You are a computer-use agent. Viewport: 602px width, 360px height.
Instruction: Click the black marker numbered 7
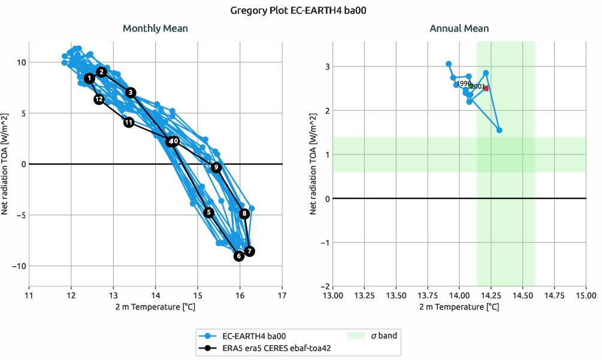pos(249,251)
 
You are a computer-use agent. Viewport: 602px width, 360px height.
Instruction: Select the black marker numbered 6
pos(239,256)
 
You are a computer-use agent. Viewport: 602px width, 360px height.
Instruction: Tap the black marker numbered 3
pos(131,92)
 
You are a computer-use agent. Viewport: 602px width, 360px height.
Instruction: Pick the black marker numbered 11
pos(129,122)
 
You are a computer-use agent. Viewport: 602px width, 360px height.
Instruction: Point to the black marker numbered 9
pos(216,167)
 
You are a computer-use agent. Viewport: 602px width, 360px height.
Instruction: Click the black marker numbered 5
pos(208,212)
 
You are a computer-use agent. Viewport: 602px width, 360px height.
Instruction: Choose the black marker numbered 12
pos(99,99)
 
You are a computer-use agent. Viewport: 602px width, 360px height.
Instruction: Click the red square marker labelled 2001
pos(486,88)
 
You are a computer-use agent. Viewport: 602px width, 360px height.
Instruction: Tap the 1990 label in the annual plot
pos(464,83)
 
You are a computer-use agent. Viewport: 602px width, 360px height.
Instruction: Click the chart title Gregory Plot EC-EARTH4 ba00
pos(301,10)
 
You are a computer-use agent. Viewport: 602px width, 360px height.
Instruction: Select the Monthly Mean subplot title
pos(155,28)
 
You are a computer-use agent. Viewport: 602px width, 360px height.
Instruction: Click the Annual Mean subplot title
pos(459,28)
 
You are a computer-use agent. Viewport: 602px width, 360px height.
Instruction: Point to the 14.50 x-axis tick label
pos(522,295)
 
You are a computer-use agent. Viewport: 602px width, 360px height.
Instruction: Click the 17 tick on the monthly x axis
pos(282,295)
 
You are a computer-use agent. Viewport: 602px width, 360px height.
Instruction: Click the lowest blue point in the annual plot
pos(499,130)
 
